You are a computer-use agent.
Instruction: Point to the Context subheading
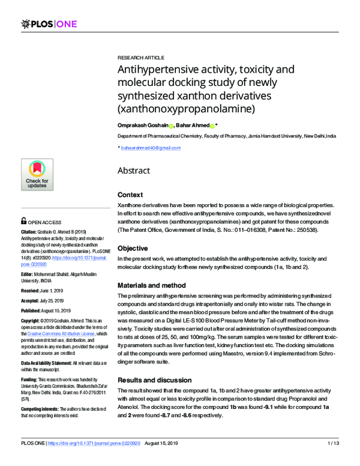point(130,195)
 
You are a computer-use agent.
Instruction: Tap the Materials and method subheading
point(152,285)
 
